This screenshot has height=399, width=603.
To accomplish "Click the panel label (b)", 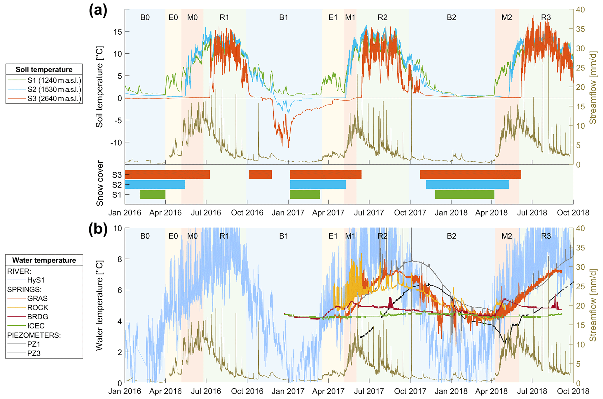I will click(x=98, y=229).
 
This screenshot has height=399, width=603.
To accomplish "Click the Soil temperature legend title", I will click(x=44, y=70).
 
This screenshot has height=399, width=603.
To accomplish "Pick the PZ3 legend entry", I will click(x=34, y=353).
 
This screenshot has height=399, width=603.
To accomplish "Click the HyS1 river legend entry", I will click(x=36, y=280).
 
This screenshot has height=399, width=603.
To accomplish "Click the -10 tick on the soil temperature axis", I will click(x=116, y=143).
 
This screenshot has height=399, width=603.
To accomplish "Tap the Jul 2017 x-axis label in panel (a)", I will click(x=369, y=213).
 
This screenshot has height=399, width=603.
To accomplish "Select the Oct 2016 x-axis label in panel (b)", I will click(x=247, y=391).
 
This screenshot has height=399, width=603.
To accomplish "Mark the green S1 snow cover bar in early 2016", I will click(x=153, y=195).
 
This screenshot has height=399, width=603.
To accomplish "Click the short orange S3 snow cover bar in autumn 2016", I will click(x=260, y=175).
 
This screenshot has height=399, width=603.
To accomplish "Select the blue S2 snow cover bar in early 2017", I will click(x=318, y=185).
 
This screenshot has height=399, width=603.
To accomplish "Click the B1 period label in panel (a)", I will click(x=284, y=17).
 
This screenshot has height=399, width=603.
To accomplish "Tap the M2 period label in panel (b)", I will click(x=507, y=236).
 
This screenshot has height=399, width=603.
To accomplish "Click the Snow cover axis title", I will click(x=100, y=183).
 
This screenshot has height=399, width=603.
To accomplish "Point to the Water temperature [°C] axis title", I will click(x=99, y=305).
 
